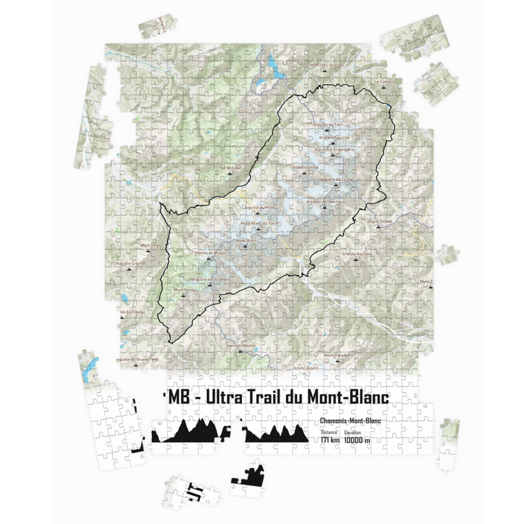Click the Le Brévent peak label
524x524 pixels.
230,167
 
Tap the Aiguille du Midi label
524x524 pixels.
259,207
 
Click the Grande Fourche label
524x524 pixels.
334,138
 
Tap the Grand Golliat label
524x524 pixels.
380,221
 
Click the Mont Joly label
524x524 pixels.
149,246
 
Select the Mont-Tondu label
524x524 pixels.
185,290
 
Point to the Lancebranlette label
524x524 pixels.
241,346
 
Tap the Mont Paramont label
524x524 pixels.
339,355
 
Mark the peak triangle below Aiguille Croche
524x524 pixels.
129,268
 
